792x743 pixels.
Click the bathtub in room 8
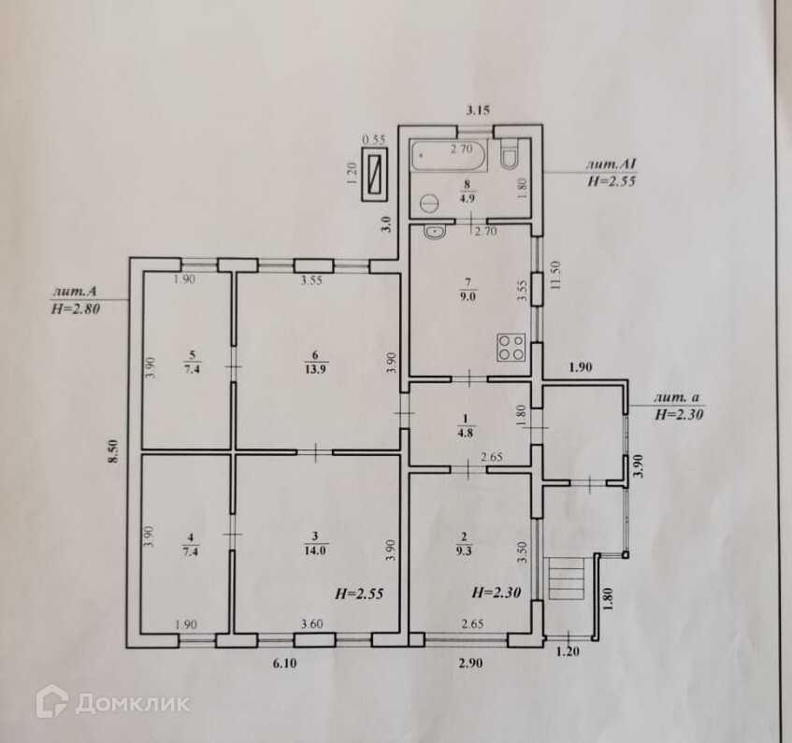(x=449, y=155)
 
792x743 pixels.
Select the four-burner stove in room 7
(x=511, y=348)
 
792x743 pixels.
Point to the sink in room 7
(x=434, y=233)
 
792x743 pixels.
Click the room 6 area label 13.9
(x=317, y=368)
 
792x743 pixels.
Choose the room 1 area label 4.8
(x=466, y=432)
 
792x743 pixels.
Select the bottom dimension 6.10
(x=284, y=664)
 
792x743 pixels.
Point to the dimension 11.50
(x=556, y=275)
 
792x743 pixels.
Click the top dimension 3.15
(x=478, y=110)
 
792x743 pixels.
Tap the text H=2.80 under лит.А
(x=75, y=307)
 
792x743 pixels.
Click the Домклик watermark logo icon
(x=52, y=701)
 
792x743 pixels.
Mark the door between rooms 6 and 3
(x=315, y=452)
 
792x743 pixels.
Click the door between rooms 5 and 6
(x=233, y=366)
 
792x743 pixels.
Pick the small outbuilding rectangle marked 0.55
(x=375, y=174)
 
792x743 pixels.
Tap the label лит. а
(x=677, y=398)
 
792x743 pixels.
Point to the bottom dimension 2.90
(x=470, y=664)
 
